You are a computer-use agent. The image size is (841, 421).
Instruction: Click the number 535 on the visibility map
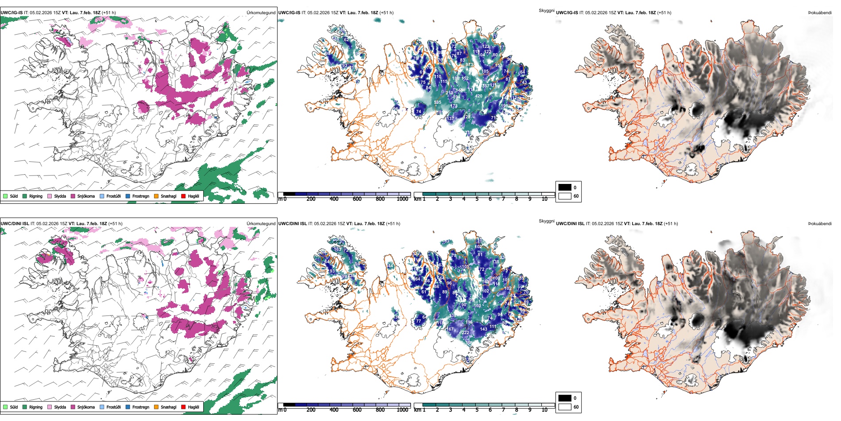(437, 102)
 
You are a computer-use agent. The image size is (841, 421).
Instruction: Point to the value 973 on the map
(469, 65)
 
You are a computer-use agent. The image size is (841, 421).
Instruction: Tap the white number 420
(478, 96)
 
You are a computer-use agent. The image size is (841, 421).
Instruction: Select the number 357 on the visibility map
(486, 86)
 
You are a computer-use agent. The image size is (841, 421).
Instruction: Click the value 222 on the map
(466, 332)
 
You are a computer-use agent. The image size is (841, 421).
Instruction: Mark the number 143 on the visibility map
(483, 329)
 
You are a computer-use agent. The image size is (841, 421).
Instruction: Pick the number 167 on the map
(450, 329)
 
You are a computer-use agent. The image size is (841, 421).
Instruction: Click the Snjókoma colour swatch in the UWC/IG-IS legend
(73, 196)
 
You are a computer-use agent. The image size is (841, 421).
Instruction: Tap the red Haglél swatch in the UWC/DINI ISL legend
(183, 407)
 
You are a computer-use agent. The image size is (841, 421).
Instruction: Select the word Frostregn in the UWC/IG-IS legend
(141, 196)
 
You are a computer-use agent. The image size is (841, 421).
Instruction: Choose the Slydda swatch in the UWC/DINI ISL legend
(50, 407)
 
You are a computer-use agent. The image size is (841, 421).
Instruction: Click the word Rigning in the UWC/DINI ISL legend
(36, 407)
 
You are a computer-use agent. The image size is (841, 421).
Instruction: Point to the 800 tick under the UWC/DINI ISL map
(380, 410)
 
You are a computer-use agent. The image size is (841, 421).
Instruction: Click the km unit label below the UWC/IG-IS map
(417, 199)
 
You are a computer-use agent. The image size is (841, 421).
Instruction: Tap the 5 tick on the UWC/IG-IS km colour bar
(477, 199)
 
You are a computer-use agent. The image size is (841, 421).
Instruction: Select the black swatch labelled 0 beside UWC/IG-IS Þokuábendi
(565, 187)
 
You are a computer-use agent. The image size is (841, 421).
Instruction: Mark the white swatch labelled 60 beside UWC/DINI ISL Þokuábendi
(565, 407)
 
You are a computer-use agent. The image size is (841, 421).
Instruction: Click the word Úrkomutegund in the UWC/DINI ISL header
(261, 224)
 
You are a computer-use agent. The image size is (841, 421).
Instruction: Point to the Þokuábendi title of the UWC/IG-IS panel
(820, 13)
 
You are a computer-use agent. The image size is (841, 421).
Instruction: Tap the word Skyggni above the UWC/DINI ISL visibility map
(546, 221)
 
